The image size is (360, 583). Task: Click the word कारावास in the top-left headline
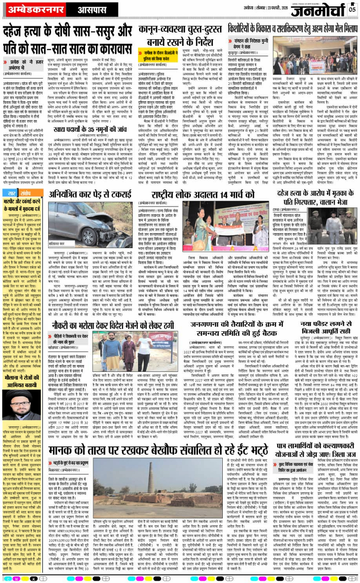[98, 45]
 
